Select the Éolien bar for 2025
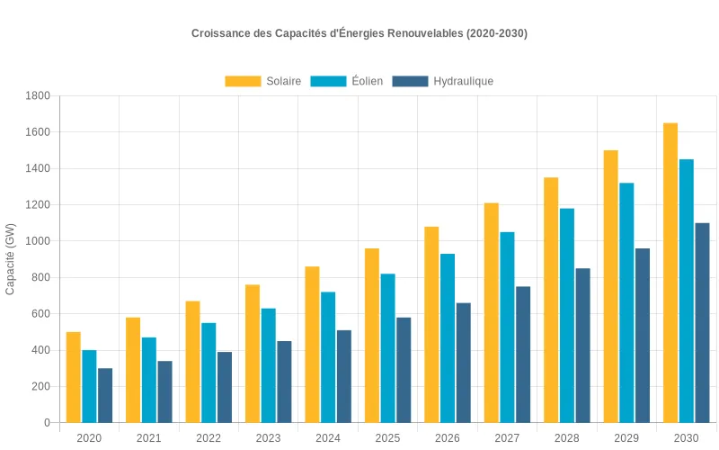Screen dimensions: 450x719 pyautogui.click(x=387, y=348)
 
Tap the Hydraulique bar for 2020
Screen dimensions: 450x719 pyautogui.click(x=105, y=395)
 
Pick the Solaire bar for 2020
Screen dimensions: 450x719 pyautogui.click(x=74, y=377)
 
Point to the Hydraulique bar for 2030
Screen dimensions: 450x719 pyautogui.click(x=702, y=323)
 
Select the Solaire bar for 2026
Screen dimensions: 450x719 pyautogui.click(x=431, y=325)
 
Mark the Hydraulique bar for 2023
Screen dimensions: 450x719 pyautogui.click(x=284, y=382)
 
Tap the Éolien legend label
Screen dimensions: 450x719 pyautogui.click(x=367, y=81)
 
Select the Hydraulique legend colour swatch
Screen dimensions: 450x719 pyautogui.click(x=410, y=81)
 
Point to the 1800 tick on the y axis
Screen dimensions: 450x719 pyautogui.click(x=38, y=95)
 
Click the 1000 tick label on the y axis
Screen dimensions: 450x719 pyautogui.click(x=38, y=241)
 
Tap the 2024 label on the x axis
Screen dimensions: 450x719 pyautogui.click(x=328, y=438)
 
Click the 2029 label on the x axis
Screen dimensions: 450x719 pyautogui.click(x=626, y=438)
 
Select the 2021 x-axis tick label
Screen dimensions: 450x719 pyautogui.click(x=149, y=438)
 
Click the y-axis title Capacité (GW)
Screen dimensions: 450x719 pyautogui.click(x=11, y=259)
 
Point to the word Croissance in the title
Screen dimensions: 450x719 pyautogui.click(x=220, y=33)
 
